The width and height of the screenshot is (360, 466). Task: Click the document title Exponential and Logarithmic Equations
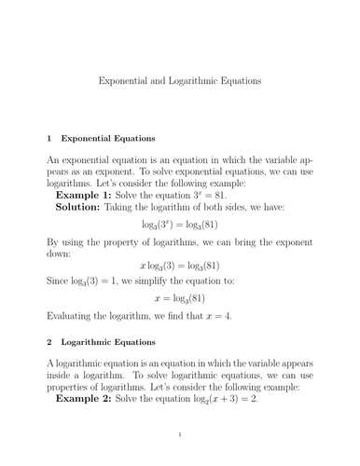click(180, 81)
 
